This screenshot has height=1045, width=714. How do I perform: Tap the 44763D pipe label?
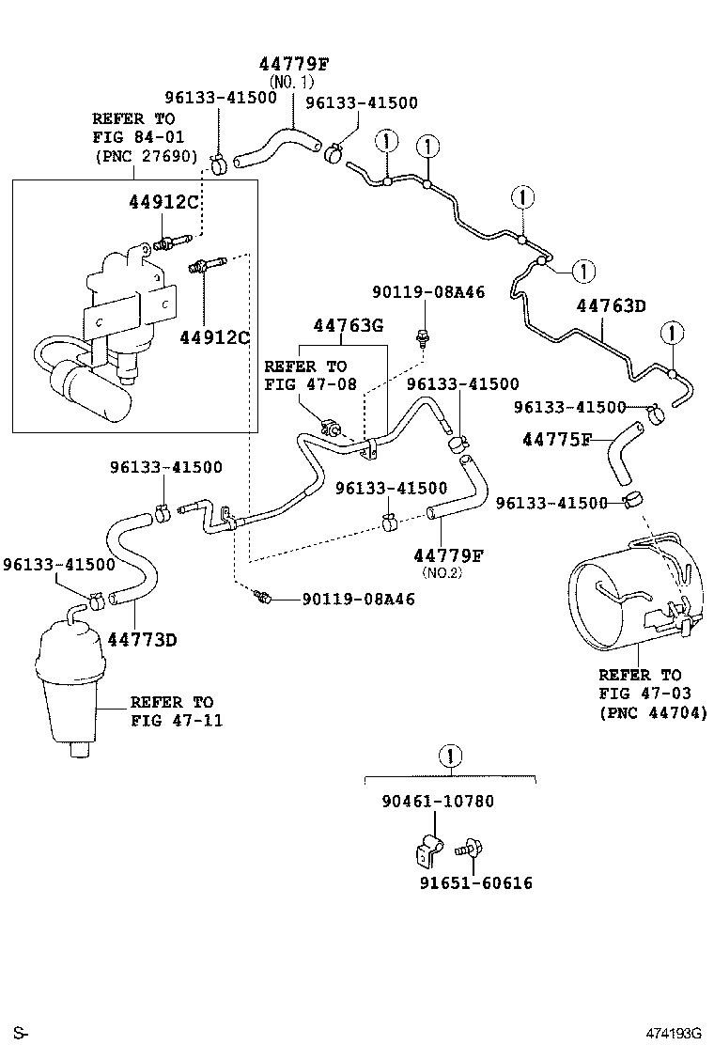(612, 305)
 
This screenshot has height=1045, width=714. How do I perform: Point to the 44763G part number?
(349, 325)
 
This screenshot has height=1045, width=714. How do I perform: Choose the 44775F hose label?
(557, 439)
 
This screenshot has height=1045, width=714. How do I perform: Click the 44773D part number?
(142, 640)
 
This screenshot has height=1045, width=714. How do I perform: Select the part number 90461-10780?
(438, 802)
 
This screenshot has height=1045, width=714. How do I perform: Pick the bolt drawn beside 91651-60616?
(467, 850)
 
